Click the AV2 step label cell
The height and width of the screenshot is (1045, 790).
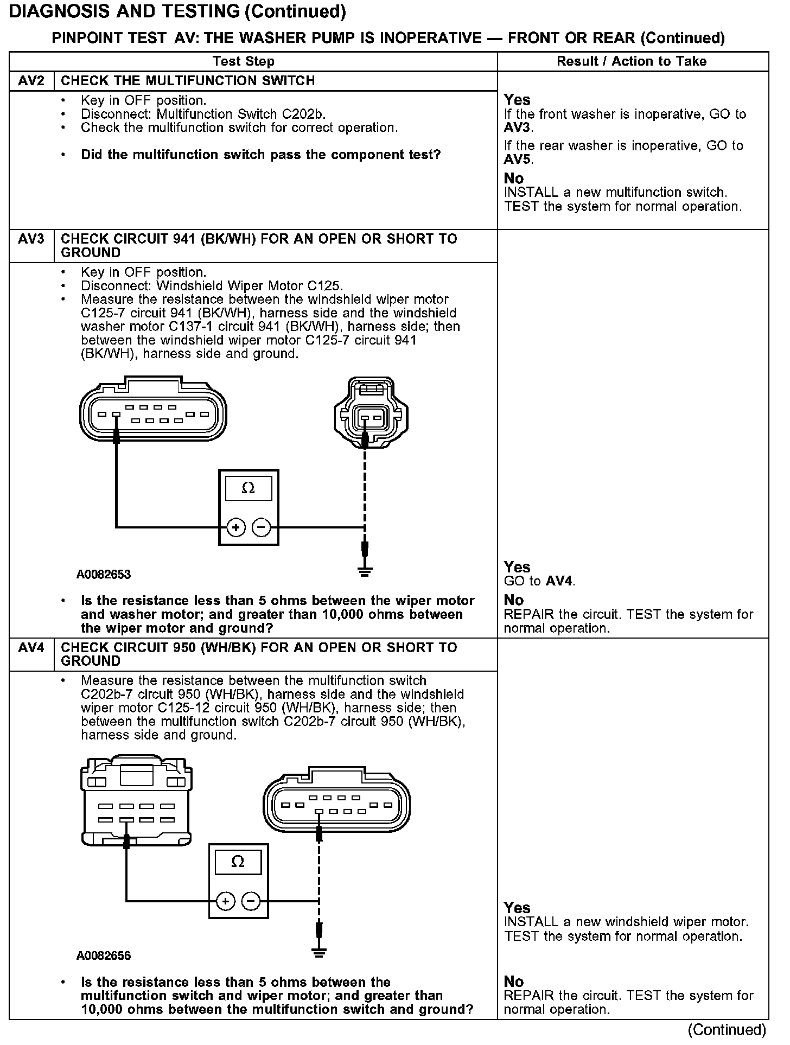point(31,81)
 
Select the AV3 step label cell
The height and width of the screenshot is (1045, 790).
point(31,239)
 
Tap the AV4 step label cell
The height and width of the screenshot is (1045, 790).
point(31,648)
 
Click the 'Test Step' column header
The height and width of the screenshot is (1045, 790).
point(244,61)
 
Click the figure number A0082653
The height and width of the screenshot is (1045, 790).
point(104,575)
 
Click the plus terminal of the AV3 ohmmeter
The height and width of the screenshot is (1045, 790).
point(236,527)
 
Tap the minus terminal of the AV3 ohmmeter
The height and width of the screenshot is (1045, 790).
point(261,527)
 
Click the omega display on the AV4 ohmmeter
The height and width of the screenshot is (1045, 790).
point(238,862)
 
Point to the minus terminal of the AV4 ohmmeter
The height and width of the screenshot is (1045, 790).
point(251,901)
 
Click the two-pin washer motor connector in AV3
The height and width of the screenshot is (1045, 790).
point(371,412)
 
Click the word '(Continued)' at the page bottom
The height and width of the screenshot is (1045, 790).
point(727,1030)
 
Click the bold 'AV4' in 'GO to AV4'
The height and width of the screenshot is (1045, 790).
point(559,582)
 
